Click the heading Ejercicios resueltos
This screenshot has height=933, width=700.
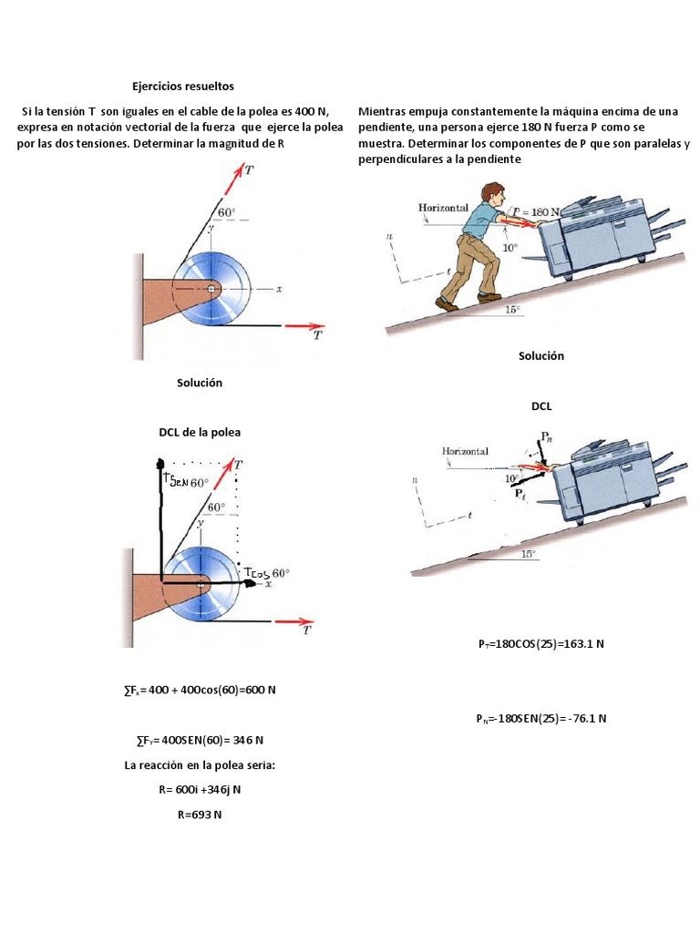point(182,87)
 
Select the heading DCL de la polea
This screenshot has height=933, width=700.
point(200,432)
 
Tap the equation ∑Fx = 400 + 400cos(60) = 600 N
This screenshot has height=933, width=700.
point(199,690)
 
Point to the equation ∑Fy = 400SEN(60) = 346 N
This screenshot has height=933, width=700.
point(199,739)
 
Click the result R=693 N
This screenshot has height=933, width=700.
point(200,815)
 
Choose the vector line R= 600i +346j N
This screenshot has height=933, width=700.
point(200,790)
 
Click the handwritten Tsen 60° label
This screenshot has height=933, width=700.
point(185,482)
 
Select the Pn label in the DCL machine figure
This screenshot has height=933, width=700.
point(546,437)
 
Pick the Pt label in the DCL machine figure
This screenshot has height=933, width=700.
point(520,494)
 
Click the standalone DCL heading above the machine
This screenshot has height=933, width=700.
point(541,407)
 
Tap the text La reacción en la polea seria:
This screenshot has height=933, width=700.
point(200,765)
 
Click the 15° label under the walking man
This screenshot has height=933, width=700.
point(514,310)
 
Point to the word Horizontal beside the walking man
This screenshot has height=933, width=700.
point(443,208)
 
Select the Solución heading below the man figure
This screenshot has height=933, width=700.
point(541,356)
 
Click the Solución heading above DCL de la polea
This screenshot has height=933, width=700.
point(200,383)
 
